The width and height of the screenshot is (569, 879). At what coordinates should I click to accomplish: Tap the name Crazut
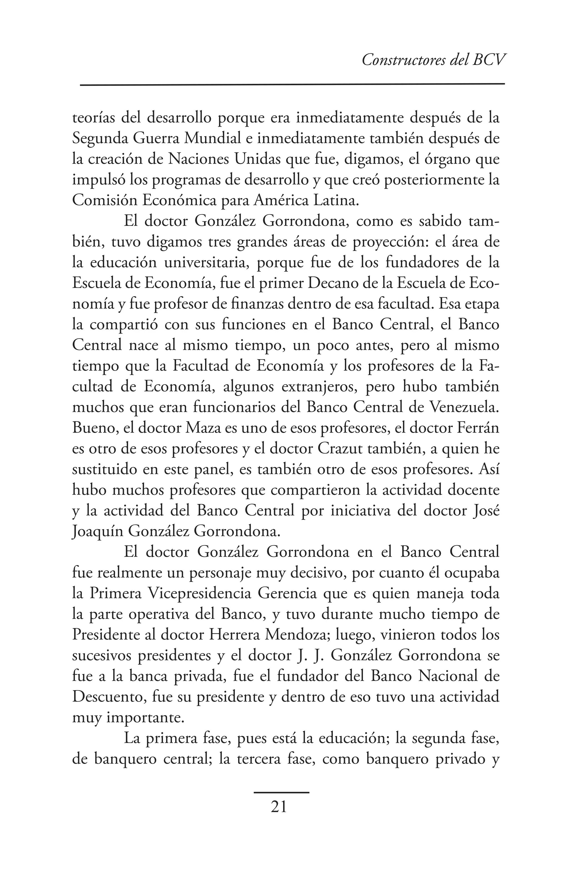(x=340, y=449)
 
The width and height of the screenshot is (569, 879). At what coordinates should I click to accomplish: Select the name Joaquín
(x=98, y=531)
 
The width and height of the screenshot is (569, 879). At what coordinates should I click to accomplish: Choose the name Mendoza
(x=297, y=635)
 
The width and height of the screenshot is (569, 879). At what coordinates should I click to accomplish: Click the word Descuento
(x=105, y=697)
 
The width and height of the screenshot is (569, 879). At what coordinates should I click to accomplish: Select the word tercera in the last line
(x=259, y=759)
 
